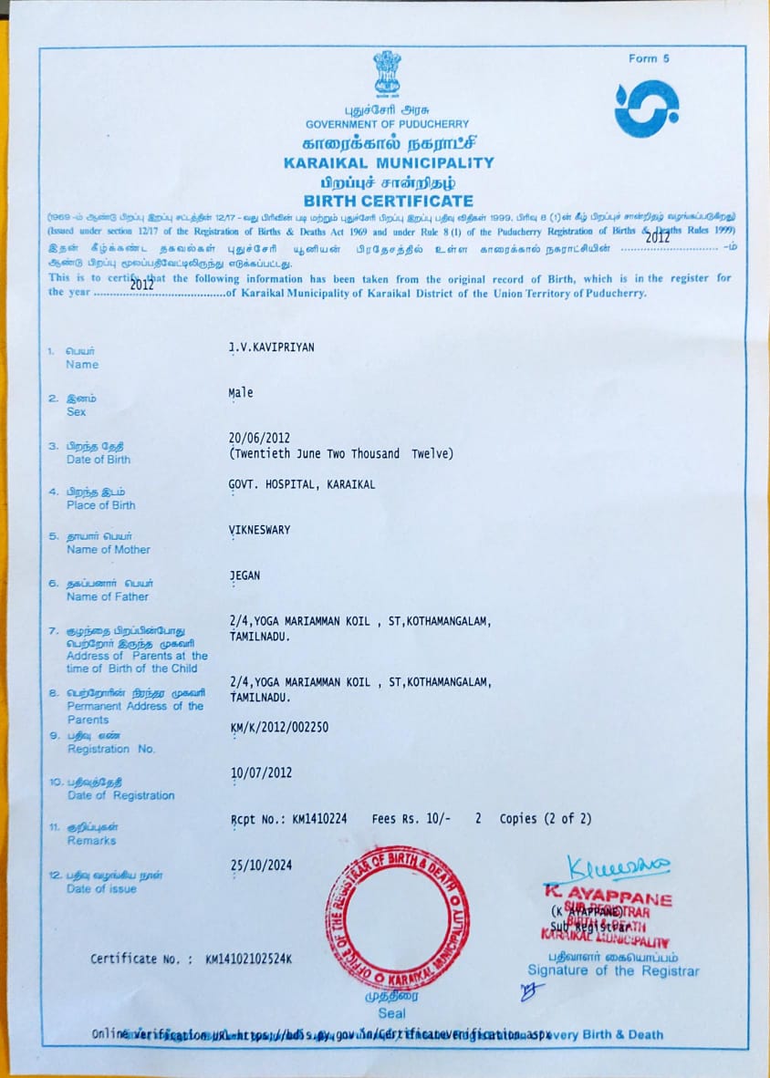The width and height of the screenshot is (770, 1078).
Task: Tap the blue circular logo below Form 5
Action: coord(646,109)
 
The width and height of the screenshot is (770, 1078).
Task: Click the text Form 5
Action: coord(649,58)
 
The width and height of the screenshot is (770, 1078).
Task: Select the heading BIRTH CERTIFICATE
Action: coord(389,201)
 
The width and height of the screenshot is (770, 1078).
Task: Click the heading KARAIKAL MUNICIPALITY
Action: coord(389,162)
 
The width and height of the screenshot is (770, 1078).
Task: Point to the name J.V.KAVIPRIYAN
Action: coord(271,348)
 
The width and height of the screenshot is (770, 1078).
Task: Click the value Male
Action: coord(241,393)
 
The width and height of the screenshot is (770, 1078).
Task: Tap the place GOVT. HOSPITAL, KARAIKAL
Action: coord(301,484)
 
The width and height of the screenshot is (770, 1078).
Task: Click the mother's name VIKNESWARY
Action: coord(259,530)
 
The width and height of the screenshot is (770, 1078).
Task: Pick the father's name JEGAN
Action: coord(244,575)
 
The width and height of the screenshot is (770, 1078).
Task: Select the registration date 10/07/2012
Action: coord(261,772)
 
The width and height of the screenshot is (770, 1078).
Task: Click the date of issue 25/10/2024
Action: coord(261,866)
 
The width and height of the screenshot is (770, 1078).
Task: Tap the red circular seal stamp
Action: coord(398,917)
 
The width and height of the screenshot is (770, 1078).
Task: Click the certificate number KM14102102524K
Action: coord(249,959)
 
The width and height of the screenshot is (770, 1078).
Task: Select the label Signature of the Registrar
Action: coord(613,971)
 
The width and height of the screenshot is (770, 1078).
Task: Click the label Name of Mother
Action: coord(108,549)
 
